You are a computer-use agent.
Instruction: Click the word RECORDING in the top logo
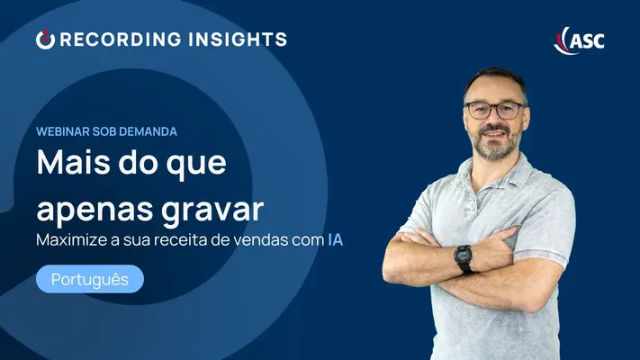coord(121,40)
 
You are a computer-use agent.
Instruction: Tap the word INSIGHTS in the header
coord(238,40)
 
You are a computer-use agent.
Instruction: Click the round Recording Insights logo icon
coord(45,40)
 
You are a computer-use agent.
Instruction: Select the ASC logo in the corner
coord(579,40)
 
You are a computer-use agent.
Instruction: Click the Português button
coord(90,279)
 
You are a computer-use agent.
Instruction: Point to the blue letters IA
coord(335,240)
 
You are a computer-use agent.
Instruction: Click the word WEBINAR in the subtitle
coord(63,131)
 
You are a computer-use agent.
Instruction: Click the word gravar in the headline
coord(212,211)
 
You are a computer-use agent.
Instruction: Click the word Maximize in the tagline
coord(72,240)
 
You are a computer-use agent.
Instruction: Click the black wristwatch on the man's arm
coord(464,259)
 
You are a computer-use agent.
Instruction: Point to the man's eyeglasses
coord(495,110)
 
